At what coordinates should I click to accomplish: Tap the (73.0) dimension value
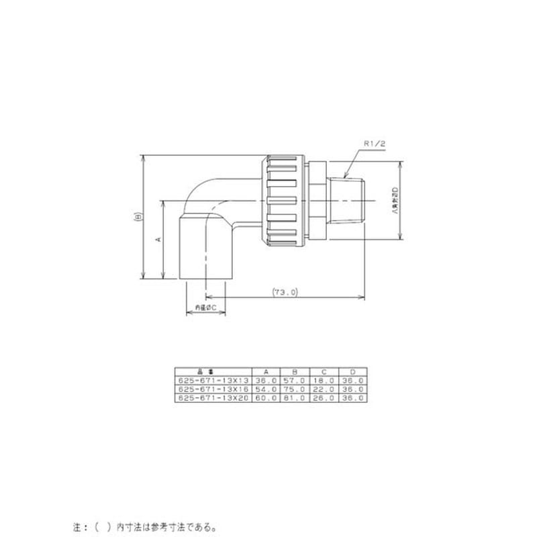285,292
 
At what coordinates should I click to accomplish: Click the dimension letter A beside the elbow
158,239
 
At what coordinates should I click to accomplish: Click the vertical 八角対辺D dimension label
395,199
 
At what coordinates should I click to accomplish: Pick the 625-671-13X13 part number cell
212,380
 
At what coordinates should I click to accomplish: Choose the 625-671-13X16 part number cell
212,389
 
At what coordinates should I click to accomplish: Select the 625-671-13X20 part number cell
212,397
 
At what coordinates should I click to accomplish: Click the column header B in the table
293,371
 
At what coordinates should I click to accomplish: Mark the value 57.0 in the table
293,380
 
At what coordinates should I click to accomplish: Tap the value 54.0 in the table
265,389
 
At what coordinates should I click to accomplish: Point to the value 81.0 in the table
293,397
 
